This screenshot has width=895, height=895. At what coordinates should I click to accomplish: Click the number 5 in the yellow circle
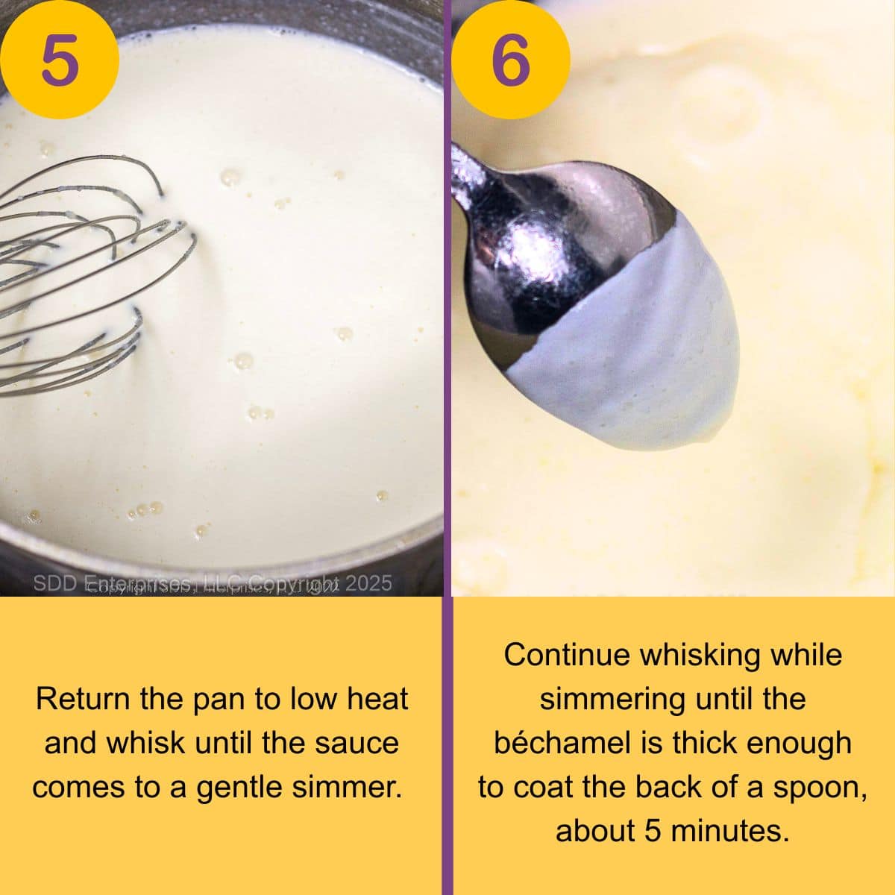(60, 60)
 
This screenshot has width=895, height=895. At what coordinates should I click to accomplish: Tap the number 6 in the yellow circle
(512, 60)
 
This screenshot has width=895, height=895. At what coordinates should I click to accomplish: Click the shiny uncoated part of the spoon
(537, 246)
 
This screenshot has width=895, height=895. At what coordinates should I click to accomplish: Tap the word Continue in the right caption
(566, 655)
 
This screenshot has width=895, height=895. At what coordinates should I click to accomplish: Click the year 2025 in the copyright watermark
(368, 582)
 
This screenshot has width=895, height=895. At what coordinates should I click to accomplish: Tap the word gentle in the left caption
(239, 787)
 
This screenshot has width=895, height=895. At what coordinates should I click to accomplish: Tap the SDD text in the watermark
(52, 582)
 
